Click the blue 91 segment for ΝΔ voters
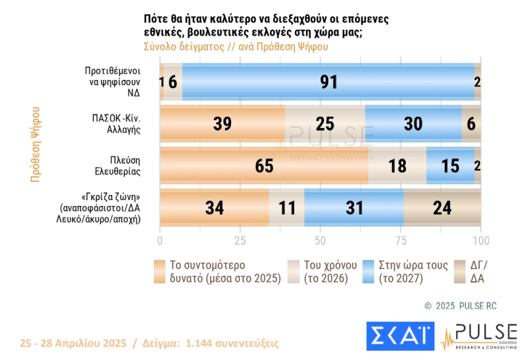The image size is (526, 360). coord(328,82)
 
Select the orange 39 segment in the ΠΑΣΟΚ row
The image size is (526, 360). coord(222,124)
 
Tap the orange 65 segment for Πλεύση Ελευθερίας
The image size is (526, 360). coord(264,165)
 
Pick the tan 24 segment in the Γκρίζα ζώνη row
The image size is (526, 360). coord(442,207)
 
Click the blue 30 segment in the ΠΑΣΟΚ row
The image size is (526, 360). coord(413,124)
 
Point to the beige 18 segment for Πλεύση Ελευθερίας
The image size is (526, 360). coord(397,165)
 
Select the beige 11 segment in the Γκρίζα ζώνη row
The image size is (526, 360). coord(286,207)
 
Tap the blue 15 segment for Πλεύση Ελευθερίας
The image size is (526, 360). coord(450,165)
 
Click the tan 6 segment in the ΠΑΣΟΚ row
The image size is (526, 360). coord(471,124)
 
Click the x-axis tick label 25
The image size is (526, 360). coord(240,240)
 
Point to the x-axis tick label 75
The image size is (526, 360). coord(401,240)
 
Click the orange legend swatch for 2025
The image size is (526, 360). coord(160,271)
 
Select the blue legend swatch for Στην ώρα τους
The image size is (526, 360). coord(368,271)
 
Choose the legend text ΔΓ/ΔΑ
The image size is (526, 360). coord(478,271)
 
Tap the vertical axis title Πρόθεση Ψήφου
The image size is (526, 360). coord(36,144)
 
